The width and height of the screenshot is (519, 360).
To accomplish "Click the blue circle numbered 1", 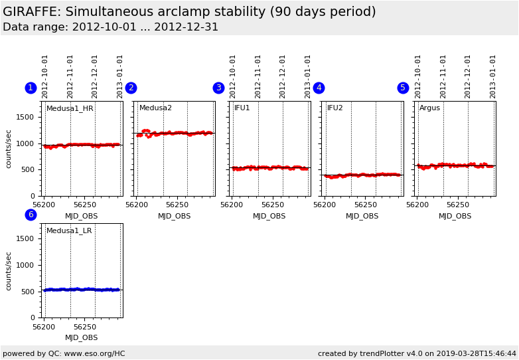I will [31, 88].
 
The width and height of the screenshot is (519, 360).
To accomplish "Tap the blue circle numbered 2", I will [131, 88].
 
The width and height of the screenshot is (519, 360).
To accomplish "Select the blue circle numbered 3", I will [218, 88].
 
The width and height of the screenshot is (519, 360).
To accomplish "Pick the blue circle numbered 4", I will [319, 88].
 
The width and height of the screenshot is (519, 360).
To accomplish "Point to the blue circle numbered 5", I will [403, 88].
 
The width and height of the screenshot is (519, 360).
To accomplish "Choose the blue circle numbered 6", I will [31, 215].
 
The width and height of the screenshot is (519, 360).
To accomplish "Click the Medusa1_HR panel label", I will [70, 108].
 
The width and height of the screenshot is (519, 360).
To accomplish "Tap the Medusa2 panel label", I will [155, 108].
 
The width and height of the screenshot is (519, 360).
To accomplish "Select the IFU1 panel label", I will [242, 108].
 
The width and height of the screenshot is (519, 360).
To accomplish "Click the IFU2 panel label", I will [334, 108].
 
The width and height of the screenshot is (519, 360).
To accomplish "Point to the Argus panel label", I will [429, 108].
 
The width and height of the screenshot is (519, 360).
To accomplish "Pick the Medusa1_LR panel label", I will [69, 231].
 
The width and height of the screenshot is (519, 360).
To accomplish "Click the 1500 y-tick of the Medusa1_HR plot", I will [25, 118].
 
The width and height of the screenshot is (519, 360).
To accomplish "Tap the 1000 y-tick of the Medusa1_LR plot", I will [25, 266].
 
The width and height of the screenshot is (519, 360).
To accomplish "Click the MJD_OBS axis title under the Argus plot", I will [455, 216].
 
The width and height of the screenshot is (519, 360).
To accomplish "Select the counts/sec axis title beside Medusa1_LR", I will [9, 270].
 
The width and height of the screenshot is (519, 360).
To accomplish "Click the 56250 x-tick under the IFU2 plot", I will [366, 205].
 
